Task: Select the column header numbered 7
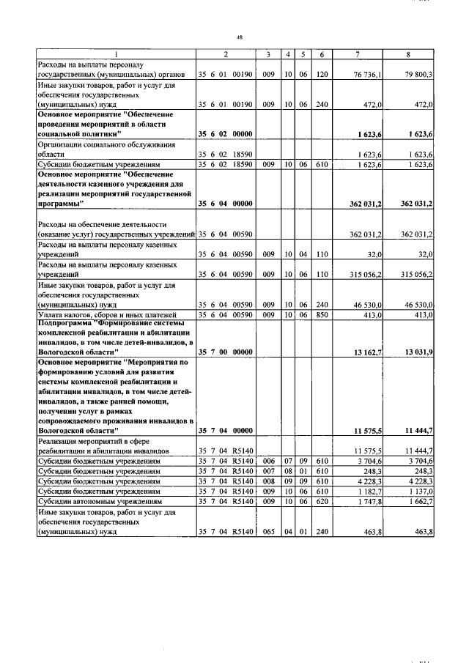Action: tap(357, 54)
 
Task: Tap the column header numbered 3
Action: tap(269, 54)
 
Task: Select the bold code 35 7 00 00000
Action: tap(225, 352)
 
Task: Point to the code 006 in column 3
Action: tap(269, 462)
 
